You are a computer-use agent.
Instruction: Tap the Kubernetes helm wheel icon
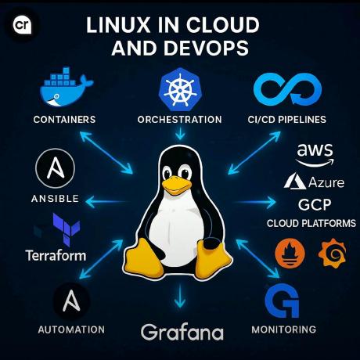(180, 89)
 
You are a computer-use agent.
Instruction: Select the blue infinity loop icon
(288, 89)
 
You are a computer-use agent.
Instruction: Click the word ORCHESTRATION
(180, 120)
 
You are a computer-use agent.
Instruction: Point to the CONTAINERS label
(64, 120)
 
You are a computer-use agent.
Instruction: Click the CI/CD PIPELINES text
(287, 120)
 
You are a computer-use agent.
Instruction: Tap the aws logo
(315, 155)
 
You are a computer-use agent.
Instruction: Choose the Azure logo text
(326, 182)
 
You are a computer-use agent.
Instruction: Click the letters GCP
(315, 205)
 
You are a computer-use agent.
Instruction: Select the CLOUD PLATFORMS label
(311, 223)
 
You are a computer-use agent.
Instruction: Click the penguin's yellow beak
(176, 185)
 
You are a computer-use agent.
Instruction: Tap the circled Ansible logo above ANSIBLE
(55, 168)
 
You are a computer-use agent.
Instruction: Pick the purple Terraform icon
(67, 229)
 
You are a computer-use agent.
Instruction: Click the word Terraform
(56, 255)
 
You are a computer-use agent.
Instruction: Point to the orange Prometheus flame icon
(290, 253)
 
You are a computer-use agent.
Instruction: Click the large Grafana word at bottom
(182, 332)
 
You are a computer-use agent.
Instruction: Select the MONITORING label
(284, 329)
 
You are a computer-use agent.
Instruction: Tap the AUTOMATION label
(71, 329)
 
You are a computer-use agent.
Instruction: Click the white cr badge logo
(22, 25)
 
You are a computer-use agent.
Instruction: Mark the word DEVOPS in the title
(206, 48)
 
